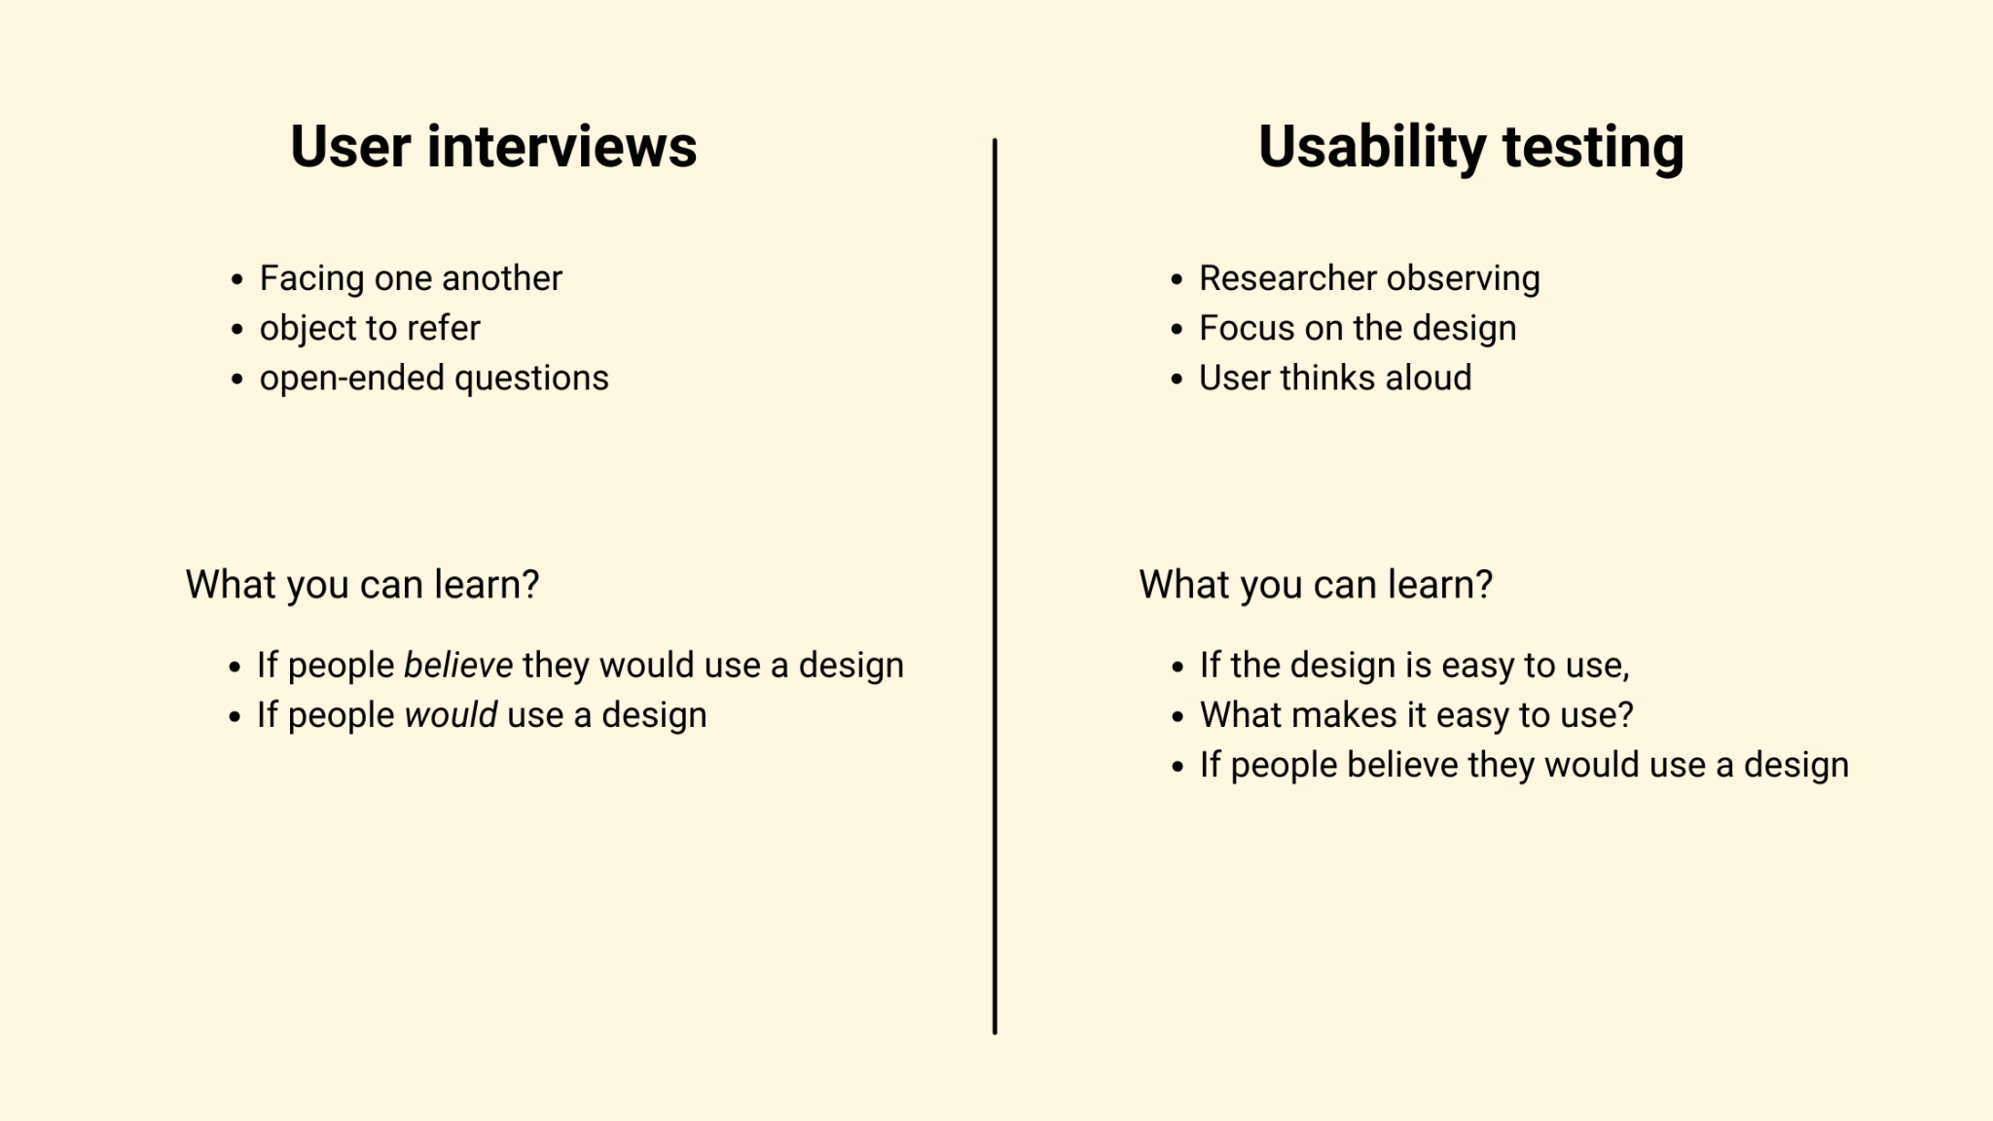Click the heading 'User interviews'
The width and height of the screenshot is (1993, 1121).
[493, 147]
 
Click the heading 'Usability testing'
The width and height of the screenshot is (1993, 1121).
[1470, 147]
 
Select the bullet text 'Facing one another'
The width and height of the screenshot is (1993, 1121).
[411, 278]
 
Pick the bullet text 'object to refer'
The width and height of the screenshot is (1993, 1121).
[370, 328]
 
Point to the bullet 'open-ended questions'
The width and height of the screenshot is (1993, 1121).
[434, 378]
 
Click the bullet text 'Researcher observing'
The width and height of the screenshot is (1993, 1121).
[1369, 278]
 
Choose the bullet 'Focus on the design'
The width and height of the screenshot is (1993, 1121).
[1358, 328]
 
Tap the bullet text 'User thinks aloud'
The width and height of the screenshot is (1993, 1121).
[1335, 378]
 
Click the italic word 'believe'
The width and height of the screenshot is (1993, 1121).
[458, 666]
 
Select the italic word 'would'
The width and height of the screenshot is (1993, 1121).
[451, 715]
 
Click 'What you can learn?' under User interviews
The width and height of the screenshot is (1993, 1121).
[362, 585]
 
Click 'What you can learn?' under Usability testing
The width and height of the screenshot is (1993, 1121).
[1316, 585]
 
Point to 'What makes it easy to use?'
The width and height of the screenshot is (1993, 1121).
[1416, 715]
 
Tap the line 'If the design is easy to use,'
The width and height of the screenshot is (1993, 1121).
[1414, 666]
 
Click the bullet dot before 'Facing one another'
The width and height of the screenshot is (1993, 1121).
[236, 280]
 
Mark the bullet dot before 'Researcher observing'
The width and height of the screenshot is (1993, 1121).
[1177, 280]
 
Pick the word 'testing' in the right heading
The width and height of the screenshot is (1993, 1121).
[1593, 147]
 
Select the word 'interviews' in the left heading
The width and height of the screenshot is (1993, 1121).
[562, 147]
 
